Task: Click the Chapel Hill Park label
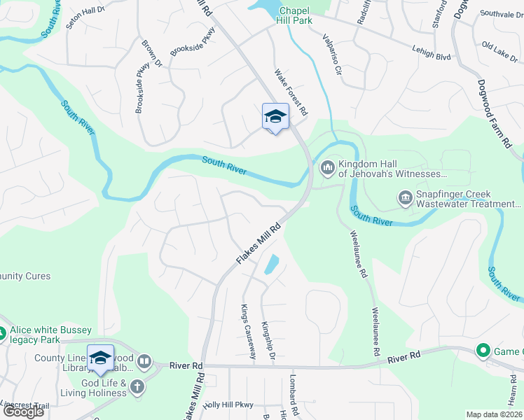coord(296,15)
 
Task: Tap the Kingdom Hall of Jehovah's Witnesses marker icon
coord(327,168)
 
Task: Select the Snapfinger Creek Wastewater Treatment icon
coord(405,199)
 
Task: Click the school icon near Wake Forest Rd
coord(275,116)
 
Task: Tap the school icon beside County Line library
coord(100,357)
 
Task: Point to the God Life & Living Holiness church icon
coord(137,387)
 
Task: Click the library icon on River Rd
coord(144,362)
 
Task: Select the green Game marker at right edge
coord(482,351)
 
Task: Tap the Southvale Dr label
coord(501,14)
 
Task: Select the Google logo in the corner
coord(23,412)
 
